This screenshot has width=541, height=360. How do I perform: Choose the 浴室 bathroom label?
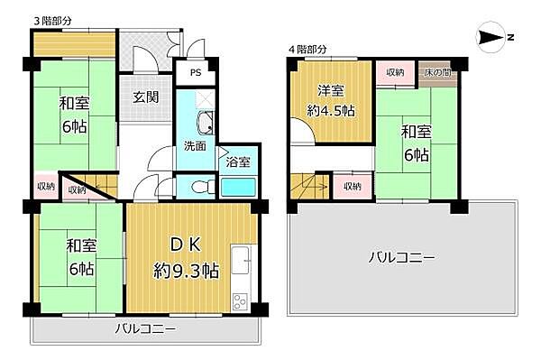[x=239, y=163]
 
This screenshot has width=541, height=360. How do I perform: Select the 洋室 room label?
[x=330, y=90]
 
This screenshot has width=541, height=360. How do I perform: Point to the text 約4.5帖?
[x=330, y=112]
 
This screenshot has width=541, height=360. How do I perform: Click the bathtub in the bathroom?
[x=240, y=188]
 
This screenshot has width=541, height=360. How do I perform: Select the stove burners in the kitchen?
[x=242, y=300]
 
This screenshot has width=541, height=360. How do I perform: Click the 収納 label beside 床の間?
[x=395, y=72]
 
